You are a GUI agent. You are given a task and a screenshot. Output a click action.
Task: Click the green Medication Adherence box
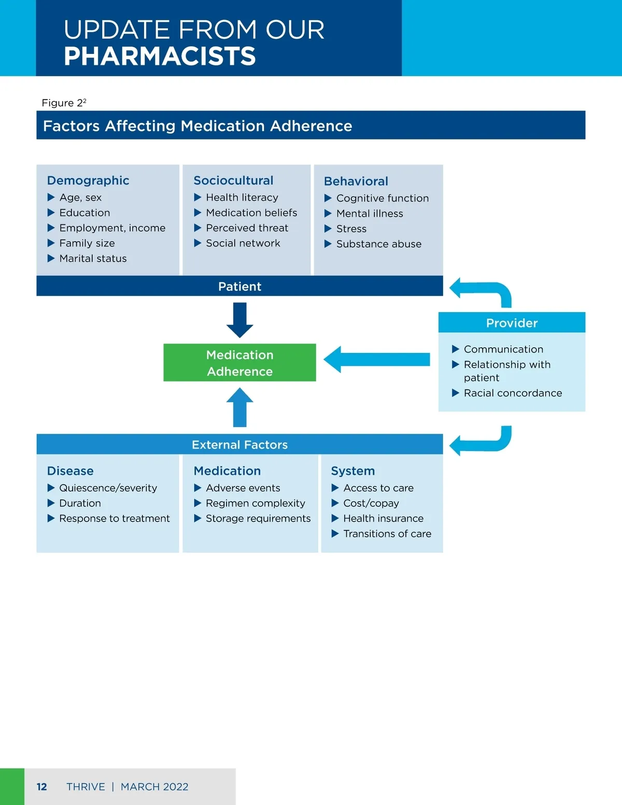239,363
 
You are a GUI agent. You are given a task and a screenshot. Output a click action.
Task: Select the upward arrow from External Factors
239,408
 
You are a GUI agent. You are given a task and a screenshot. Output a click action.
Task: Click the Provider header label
512,323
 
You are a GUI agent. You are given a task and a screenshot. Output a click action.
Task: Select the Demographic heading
88,180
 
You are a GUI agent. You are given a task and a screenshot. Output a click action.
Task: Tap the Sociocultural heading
233,180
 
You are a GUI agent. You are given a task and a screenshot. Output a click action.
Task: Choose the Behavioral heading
356,181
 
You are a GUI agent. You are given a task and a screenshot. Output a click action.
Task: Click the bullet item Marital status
93,258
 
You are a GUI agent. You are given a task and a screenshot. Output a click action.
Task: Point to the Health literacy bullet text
242,197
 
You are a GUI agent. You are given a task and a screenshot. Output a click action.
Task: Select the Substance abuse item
379,244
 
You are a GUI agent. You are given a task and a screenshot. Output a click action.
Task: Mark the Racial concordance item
513,393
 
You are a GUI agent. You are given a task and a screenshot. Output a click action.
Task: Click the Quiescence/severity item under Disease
108,488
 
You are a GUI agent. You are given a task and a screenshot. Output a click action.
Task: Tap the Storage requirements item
258,518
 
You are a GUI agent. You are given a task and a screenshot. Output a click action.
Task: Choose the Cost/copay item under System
371,503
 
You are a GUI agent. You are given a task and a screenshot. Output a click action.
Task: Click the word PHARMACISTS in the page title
160,56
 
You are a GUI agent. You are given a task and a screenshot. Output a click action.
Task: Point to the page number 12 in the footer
41,787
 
